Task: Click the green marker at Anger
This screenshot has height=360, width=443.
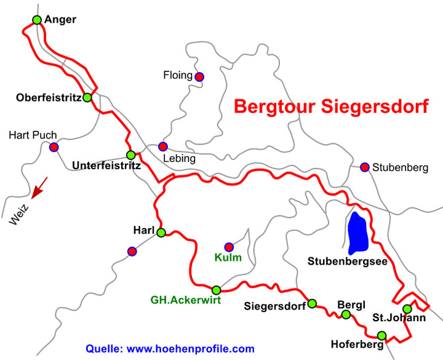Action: [37, 20]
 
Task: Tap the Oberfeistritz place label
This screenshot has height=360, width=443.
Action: [48, 97]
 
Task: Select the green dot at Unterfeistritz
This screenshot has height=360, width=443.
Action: [130, 155]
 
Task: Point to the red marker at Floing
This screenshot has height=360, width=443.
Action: [199, 77]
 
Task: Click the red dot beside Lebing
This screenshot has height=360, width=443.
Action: [162, 146]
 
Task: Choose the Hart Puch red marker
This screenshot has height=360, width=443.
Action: [54, 147]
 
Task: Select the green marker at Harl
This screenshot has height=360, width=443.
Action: [161, 233]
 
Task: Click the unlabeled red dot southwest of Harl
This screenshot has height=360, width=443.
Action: [132, 251]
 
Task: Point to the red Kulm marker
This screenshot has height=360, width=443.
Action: [229, 247]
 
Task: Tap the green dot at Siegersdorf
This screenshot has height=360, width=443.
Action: [312, 303]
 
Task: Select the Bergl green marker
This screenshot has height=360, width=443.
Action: [346, 315]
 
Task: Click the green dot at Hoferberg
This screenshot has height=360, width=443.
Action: [382, 335]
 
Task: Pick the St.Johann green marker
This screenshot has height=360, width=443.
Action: [407, 309]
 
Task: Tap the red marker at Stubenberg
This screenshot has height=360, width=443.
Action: [365, 167]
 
